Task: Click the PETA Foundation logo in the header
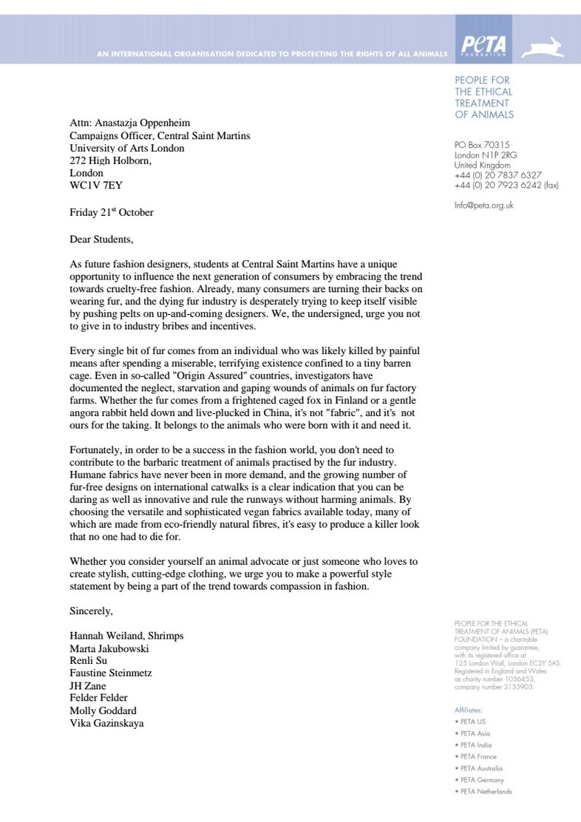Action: tap(483, 46)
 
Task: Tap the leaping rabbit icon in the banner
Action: tap(543, 48)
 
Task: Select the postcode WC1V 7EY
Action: tap(96, 186)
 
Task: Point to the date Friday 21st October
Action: tap(112, 212)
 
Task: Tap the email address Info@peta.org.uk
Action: tap(484, 205)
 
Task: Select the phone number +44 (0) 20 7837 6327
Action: tap(497, 175)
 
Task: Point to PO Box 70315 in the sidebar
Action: tap(482, 145)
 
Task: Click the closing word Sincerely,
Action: tap(91, 611)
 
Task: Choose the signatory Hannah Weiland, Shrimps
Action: tap(126, 636)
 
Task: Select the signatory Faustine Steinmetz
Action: tap(110, 673)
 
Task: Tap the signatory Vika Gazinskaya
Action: tap(106, 723)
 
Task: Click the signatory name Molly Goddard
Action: tap(103, 710)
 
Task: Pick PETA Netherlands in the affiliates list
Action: tap(486, 791)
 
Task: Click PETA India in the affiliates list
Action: tap(475, 745)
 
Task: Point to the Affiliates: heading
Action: tap(469, 710)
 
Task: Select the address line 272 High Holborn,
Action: tap(110, 160)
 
